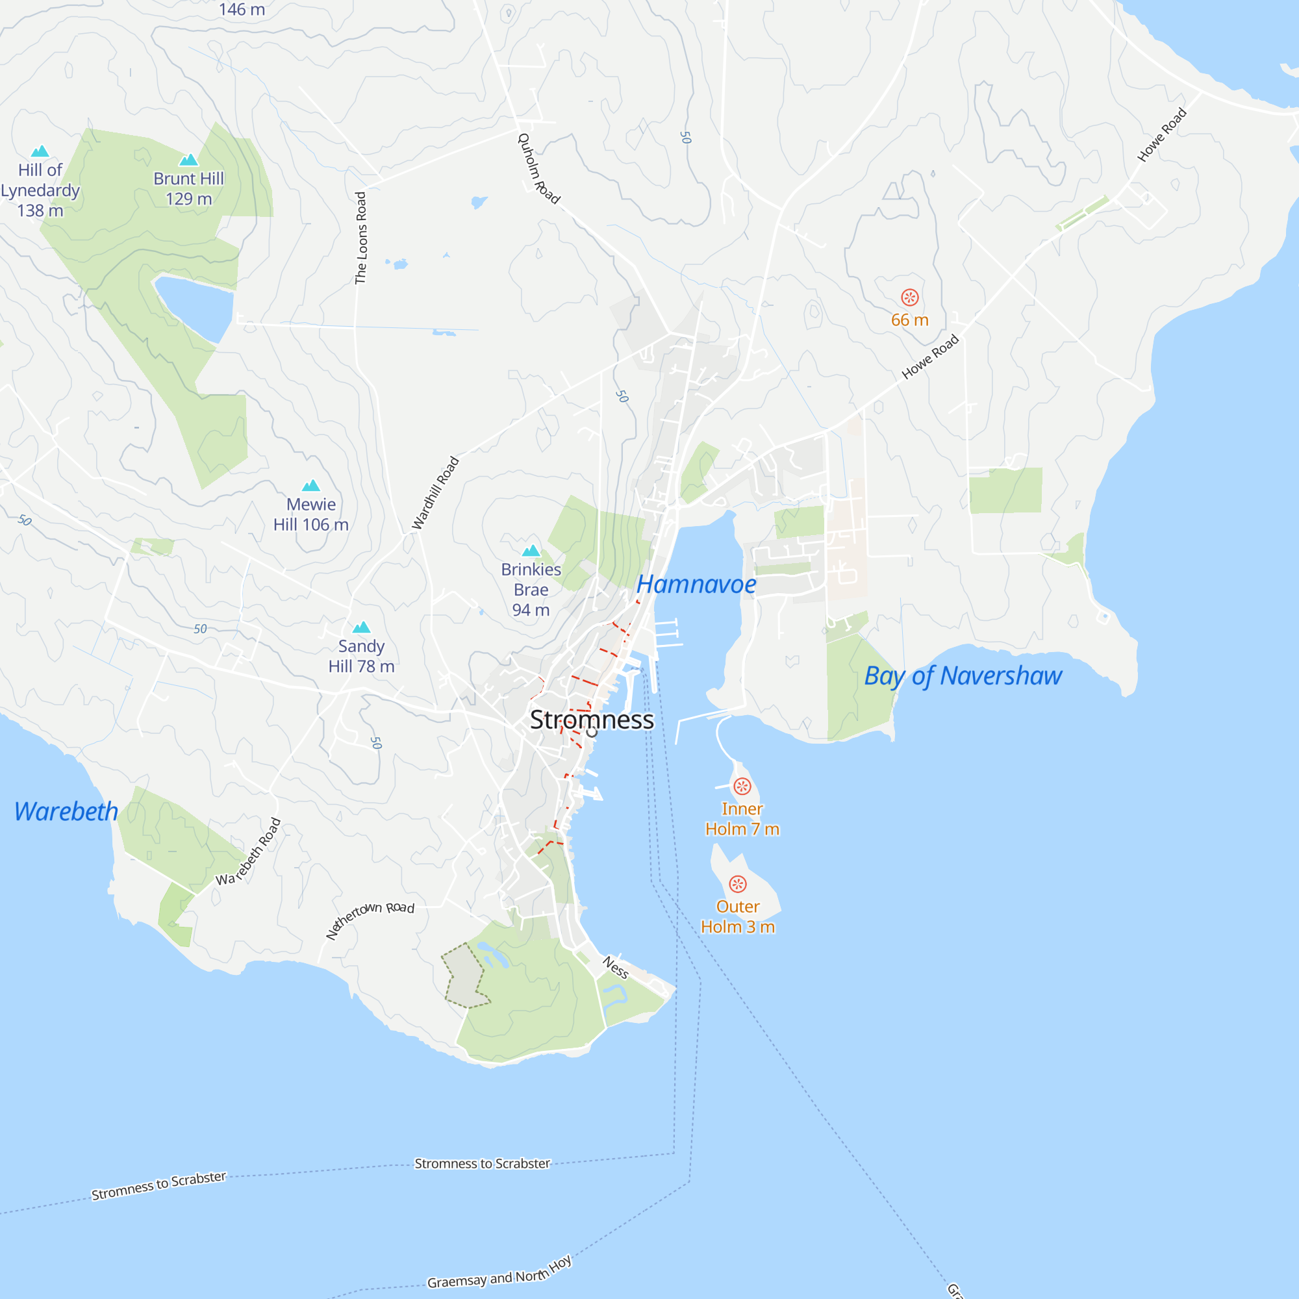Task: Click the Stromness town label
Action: point(591,720)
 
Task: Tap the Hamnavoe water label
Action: point(696,585)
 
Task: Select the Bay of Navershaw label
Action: point(963,675)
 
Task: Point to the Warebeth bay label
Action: point(66,811)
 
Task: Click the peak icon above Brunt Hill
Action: point(189,159)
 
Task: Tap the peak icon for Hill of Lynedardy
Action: point(40,151)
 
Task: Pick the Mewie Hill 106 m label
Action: point(310,514)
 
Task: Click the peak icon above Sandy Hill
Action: point(362,627)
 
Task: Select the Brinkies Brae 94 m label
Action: point(531,589)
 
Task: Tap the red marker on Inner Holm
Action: point(742,786)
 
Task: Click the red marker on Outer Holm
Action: point(738,883)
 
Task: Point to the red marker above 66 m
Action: point(909,297)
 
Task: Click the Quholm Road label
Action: point(538,168)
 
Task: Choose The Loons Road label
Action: point(361,238)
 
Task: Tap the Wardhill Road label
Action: point(435,493)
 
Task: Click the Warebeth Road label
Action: point(248,851)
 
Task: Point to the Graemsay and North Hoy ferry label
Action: point(499,1273)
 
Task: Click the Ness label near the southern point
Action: point(615,968)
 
